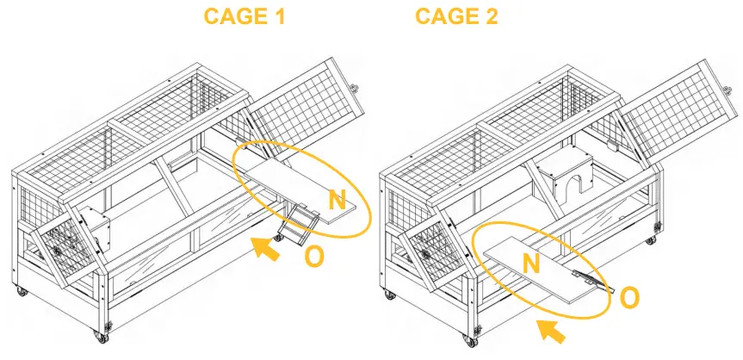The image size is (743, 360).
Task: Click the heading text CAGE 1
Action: pos(245,16)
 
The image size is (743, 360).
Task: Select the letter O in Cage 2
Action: pos(629,297)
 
